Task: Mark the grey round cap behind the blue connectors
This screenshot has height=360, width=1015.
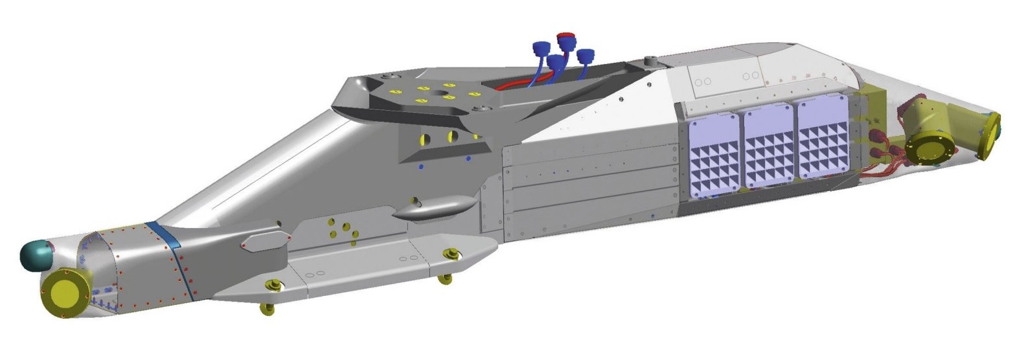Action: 651,62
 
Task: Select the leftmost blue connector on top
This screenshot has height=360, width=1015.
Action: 541,48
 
